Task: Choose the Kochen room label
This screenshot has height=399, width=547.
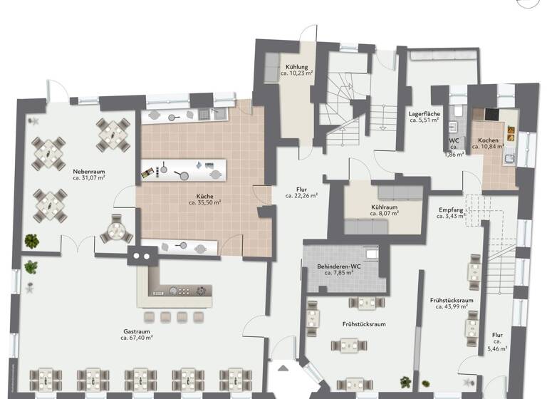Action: point(489,140)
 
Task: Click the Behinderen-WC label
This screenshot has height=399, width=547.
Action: point(339,266)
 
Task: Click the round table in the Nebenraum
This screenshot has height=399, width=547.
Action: point(115,232)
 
